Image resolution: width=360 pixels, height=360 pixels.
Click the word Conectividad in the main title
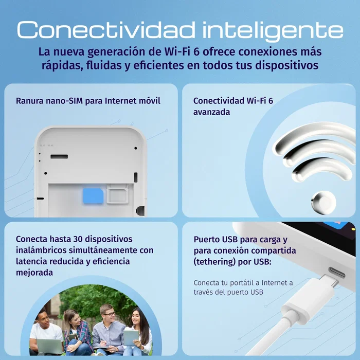coord(106,30)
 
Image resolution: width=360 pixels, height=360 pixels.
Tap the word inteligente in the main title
coord(273,31)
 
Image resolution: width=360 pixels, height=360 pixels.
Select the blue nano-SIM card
coord(93,196)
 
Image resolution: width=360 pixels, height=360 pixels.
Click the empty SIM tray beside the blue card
coord(117,194)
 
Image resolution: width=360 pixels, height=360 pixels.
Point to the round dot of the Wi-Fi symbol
coord(323,203)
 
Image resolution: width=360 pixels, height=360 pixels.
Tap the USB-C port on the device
coord(336,273)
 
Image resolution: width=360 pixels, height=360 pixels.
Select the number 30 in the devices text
coord(78,239)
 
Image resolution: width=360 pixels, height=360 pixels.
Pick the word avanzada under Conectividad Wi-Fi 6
coord(211,112)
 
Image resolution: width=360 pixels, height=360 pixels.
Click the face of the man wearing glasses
coord(109,314)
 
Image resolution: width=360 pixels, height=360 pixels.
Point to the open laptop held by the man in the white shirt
coord(50,346)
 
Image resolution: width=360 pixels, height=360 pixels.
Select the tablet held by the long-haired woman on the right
coord(131,338)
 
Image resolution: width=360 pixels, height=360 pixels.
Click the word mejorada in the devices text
coord(34,273)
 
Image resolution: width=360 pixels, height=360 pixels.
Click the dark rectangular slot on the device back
coord(59,156)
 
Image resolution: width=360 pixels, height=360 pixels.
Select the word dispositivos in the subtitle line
coord(287,65)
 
